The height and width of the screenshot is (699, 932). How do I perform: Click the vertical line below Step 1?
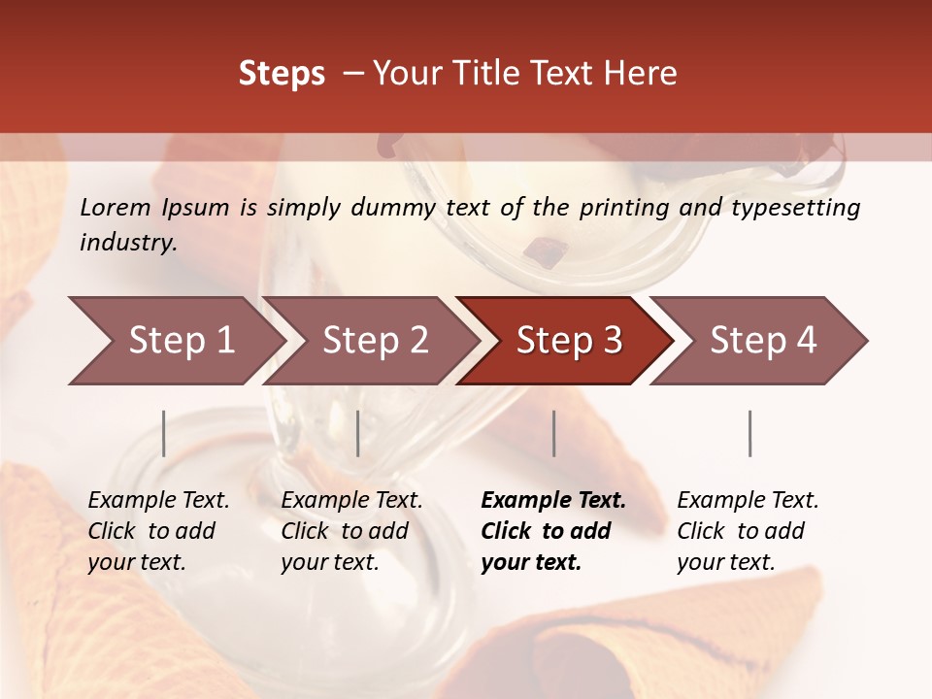164,433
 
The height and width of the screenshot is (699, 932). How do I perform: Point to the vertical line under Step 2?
358,433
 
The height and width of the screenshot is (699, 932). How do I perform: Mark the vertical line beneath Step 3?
553,433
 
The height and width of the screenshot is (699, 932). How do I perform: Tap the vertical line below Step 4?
749,433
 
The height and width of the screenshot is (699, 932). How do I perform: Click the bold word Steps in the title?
282,74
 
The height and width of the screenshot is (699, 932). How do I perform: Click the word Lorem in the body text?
116,207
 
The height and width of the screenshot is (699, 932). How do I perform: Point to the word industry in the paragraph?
128,243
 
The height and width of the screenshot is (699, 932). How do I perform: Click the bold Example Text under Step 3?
553,501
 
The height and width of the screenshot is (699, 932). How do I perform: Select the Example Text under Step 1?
158,501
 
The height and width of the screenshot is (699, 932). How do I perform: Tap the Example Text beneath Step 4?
748,501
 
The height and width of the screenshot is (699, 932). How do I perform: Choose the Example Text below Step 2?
351,501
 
